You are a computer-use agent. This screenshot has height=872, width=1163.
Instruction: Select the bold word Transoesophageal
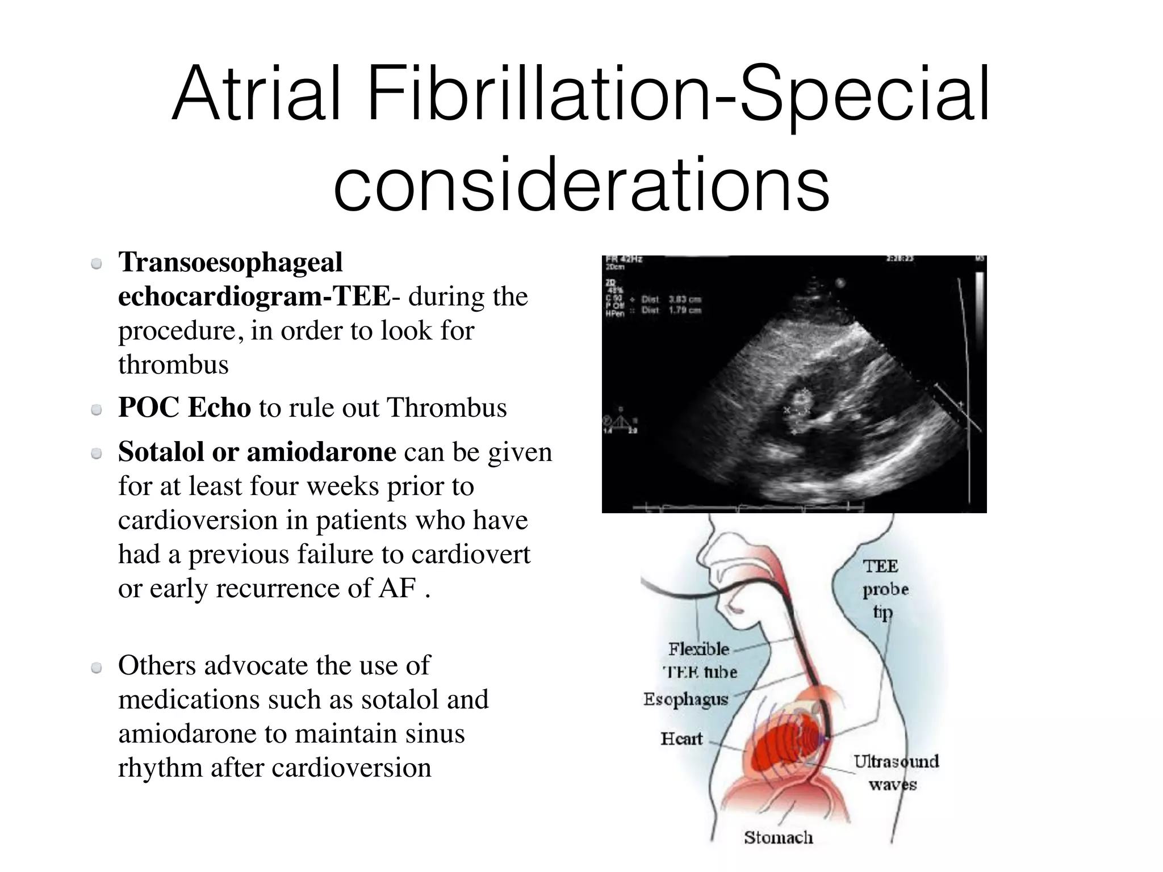pyautogui.click(x=231, y=262)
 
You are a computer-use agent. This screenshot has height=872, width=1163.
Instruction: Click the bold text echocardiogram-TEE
pyautogui.click(x=254, y=296)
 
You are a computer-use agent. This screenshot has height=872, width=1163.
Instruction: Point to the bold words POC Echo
pyautogui.click(x=185, y=408)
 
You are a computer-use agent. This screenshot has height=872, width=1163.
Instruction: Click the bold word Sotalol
pyautogui.click(x=161, y=452)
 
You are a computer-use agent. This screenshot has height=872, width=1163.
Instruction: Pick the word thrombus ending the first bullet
pyautogui.click(x=173, y=364)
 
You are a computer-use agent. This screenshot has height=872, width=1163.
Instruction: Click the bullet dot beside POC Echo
pyautogui.click(x=97, y=409)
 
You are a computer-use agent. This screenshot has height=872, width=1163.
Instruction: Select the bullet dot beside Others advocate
pyautogui.click(x=97, y=668)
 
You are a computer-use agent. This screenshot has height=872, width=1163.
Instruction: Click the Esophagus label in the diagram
pyautogui.click(x=685, y=699)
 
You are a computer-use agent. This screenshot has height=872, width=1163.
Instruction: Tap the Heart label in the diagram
pyautogui.click(x=681, y=739)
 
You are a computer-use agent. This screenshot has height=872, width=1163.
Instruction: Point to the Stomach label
pyautogui.click(x=779, y=837)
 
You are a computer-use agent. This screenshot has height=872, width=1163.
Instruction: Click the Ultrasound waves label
pyautogui.click(x=896, y=773)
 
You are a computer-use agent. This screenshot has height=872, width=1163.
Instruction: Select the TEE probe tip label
pyautogui.click(x=885, y=589)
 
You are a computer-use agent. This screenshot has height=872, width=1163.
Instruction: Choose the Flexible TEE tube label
pyautogui.click(x=700, y=660)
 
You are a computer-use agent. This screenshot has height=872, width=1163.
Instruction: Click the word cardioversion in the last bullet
pyautogui.click(x=352, y=768)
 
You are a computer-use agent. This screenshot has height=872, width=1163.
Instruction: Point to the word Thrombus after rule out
pyautogui.click(x=446, y=408)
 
